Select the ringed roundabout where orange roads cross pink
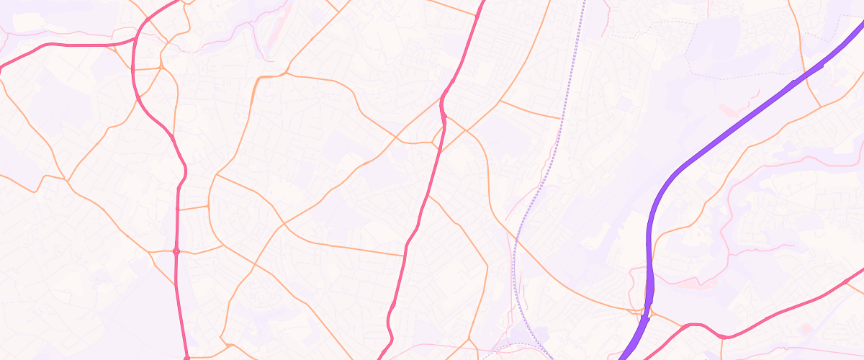pyautogui.click(x=176, y=251)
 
